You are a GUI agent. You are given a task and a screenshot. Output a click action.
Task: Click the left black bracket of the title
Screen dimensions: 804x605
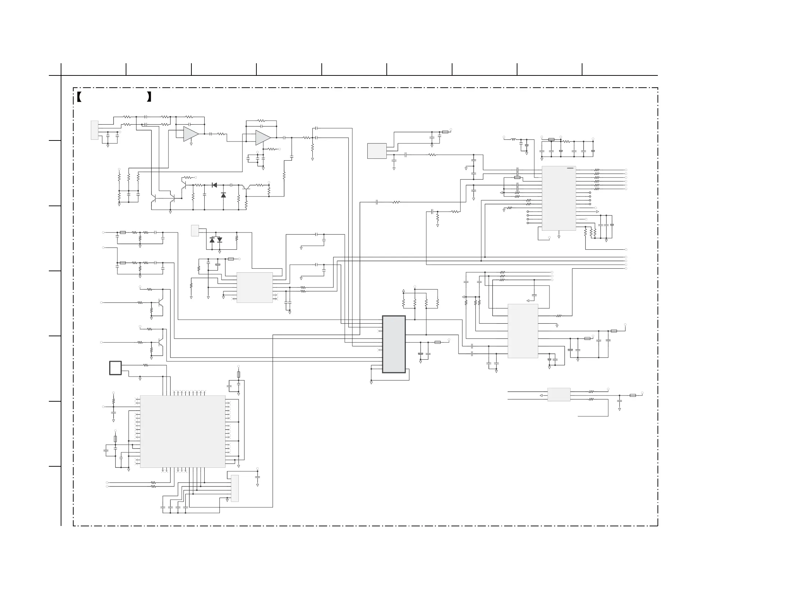(79, 97)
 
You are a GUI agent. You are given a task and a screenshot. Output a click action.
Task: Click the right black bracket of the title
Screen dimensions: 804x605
(149, 97)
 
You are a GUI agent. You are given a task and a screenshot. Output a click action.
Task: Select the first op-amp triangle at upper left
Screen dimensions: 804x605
(190, 134)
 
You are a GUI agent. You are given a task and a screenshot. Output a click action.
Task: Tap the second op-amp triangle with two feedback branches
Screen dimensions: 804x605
(262, 138)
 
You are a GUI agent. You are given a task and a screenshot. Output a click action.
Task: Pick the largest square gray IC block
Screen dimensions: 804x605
(182, 431)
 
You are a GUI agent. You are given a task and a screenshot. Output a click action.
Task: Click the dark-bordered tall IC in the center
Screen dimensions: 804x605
(394, 344)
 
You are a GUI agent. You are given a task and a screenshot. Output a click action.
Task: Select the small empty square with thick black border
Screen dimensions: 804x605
(115, 368)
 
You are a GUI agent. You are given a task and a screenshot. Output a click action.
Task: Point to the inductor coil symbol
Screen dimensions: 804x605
(513, 139)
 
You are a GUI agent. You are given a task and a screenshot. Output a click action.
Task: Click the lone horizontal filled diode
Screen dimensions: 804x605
(214, 185)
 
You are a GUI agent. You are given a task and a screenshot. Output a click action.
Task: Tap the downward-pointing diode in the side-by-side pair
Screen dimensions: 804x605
(219, 240)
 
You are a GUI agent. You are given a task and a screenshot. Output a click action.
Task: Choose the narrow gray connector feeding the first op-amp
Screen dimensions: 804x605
(94, 130)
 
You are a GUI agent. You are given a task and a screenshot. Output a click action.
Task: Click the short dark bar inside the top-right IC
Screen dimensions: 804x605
(570, 168)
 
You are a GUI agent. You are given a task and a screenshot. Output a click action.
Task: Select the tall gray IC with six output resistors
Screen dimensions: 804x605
(559, 198)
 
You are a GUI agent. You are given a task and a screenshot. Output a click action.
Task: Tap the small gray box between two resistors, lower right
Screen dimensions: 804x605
(559, 394)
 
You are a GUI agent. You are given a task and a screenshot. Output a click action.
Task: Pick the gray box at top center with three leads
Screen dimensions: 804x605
(377, 151)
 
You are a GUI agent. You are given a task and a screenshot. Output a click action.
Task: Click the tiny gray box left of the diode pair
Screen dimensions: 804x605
(195, 231)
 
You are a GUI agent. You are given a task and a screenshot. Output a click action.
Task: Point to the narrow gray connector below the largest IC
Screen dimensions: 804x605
(235, 488)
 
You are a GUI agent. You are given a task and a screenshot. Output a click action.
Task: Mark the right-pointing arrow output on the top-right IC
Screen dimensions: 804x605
(597, 212)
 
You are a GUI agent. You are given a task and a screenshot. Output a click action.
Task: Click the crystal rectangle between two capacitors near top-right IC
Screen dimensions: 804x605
(517, 177)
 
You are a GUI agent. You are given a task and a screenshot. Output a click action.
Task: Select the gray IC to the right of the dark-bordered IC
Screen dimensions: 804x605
(523, 331)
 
